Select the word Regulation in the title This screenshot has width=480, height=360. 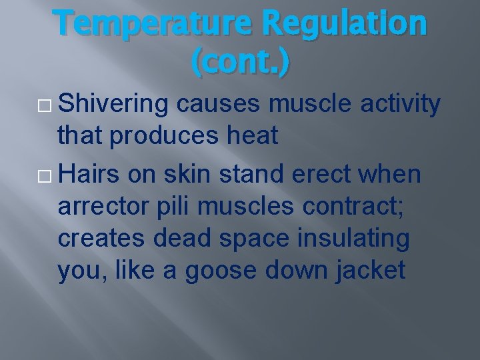(x=344, y=24)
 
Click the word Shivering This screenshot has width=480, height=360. (x=114, y=105)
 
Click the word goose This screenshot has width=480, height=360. (x=221, y=271)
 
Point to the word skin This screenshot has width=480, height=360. (x=193, y=174)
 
